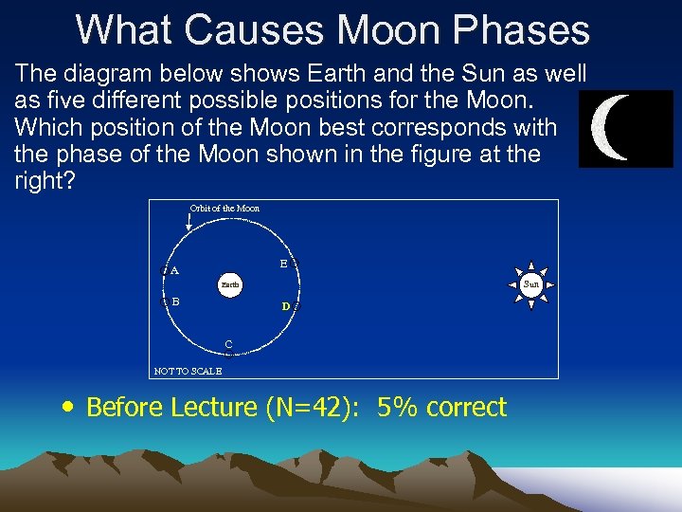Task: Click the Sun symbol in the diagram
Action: click(x=531, y=283)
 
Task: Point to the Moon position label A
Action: click(x=174, y=270)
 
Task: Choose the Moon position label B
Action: click(x=175, y=302)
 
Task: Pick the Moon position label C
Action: click(x=228, y=343)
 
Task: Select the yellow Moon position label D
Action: click(x=285, y=307)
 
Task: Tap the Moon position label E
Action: click(x=283, y=265)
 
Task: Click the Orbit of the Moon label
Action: click(x=224, y=209)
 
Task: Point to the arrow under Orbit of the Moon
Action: click(x=189, y=223)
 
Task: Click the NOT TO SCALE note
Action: click(x=188, y=371)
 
